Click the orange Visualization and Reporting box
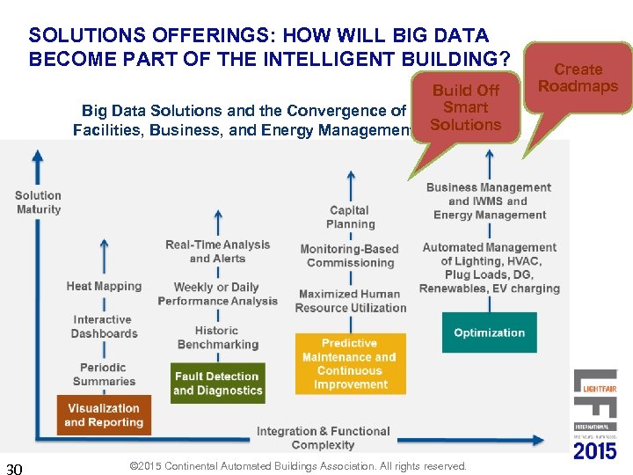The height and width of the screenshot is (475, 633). (104, 415)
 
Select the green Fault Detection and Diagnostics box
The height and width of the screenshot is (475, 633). (217, 384)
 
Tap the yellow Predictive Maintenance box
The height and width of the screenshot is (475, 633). (350, 363)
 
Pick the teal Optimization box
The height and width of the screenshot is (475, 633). (489, 332)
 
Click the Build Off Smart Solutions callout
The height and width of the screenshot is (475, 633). (466, 108)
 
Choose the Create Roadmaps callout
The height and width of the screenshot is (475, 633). (578, 78)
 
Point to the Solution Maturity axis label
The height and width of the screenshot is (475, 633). (39, 202)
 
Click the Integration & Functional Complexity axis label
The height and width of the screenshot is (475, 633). (323, 438)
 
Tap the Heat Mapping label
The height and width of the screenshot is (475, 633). (104, 286)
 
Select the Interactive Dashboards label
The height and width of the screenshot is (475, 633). (104, 326)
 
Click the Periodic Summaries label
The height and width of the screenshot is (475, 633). (104, 374)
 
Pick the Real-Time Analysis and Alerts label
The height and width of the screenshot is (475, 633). (217, 251)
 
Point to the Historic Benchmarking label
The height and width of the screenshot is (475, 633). (217, 338)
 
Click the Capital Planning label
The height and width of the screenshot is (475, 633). (350, 217)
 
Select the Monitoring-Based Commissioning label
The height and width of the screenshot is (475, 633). (350, 256)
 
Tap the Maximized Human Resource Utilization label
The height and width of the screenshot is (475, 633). (350, 301)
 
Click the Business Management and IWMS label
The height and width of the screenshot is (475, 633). (489, 201)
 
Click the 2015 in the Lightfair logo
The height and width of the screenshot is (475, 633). (595, 451)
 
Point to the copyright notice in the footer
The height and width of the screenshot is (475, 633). (297, 465)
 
